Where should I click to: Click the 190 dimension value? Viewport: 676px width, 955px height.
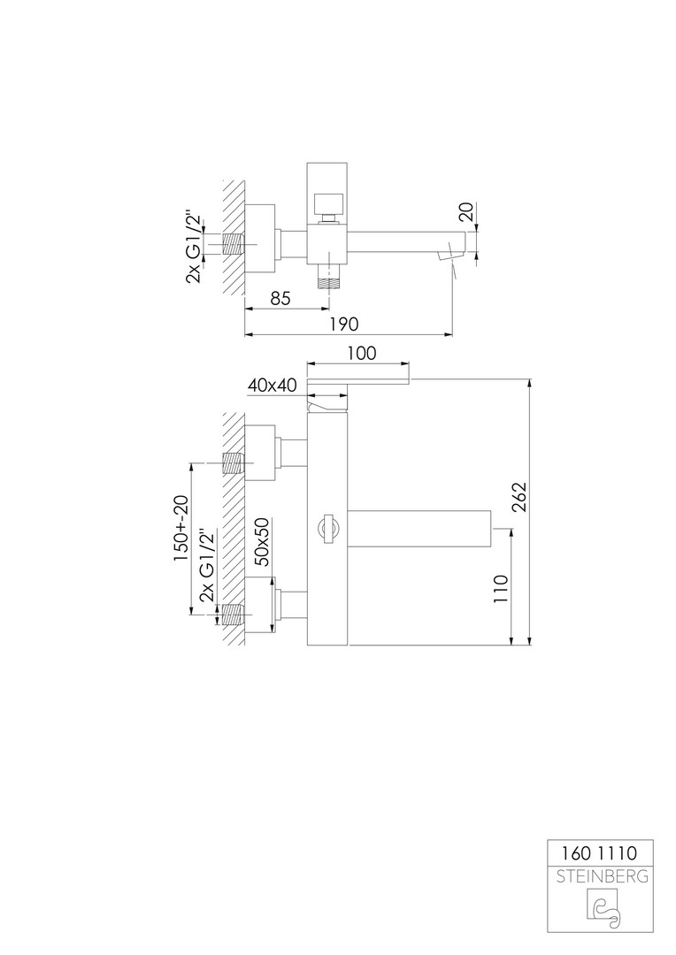(344, 324)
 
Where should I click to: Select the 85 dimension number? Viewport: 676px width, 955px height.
(280, 299)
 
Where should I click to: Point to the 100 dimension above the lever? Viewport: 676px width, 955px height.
(362, 353)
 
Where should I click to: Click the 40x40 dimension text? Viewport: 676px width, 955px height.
(272, 385)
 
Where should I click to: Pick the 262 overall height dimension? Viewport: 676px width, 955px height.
(519, 498)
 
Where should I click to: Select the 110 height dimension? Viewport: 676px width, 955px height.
(501, 588)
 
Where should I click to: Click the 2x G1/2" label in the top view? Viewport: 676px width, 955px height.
(193, 246)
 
